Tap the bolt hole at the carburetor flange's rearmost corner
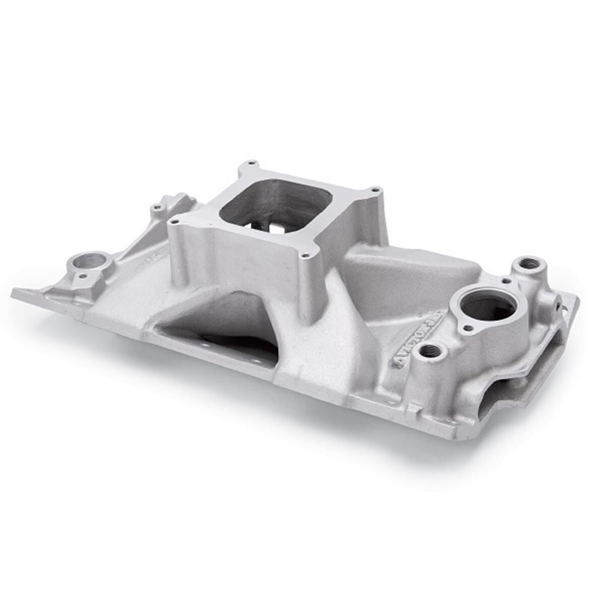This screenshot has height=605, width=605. click(x=249, y=163)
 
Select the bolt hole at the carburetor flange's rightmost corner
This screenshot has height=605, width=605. click(x=374, y=190)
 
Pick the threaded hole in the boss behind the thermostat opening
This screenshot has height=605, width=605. click(x=527, y=263)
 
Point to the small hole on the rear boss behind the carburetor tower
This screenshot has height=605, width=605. click(x=158, y=207)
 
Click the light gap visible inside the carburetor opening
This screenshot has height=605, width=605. click(x=276, y=228)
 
